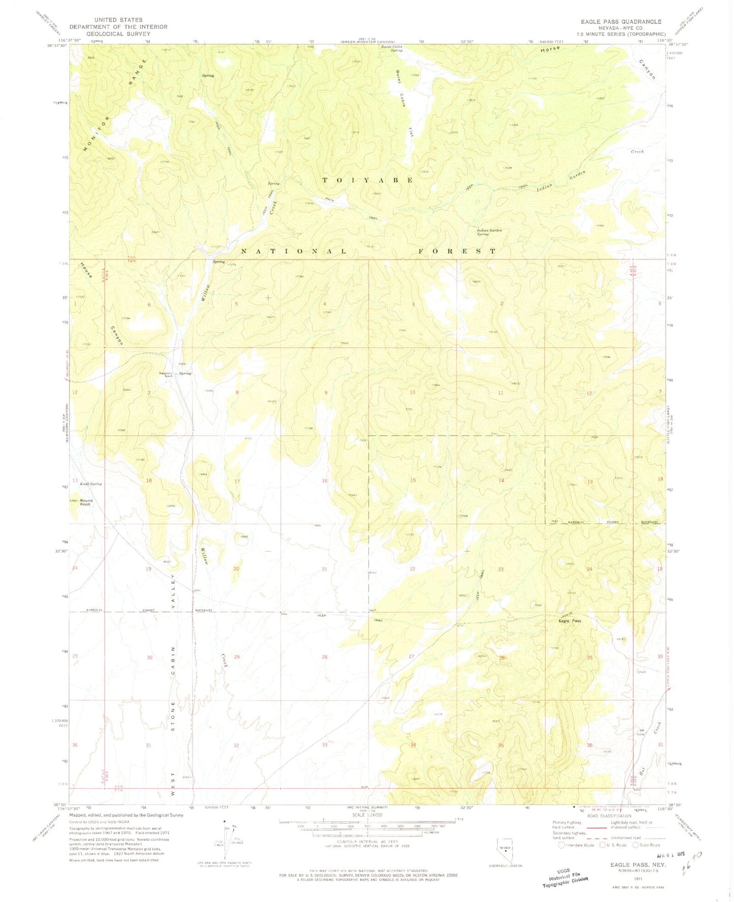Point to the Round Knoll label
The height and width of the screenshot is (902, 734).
coord(85,502)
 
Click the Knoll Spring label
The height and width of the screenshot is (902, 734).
coord(90,484)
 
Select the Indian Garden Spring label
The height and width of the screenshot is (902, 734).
coord(489,232)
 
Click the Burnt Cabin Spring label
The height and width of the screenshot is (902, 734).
coord(392,49)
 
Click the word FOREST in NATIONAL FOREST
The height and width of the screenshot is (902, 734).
coord(457,251)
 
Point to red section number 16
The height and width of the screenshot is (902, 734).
coord(325,480)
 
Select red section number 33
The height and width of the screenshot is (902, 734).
coord(325,745)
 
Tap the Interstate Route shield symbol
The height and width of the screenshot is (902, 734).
coord(561,845)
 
